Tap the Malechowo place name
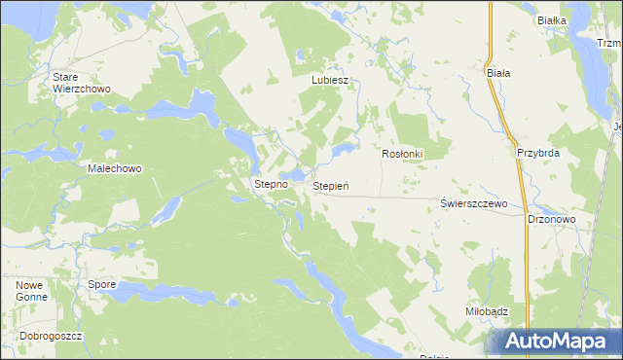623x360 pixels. pyautogui.click(x=115, y=168)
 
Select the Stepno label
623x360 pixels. pyautogui.click(x=271, y=183)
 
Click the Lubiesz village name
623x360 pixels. pyautogui.click(x=329, y=81)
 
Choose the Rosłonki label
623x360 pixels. pyautogui.click(x=401, y=154)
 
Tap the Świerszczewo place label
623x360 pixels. pyautogui.click(x=474, y=203)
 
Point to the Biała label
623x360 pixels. pyautogui.click(x=498, y=72)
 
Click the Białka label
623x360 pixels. pyautogui.click(x=552, y=19)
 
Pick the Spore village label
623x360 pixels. pyautogui.click(x=102, y=285)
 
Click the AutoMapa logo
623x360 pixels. pyautogui.click(x=557, y=341)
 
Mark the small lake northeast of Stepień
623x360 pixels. pyautogui.click(x=344, y=151)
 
